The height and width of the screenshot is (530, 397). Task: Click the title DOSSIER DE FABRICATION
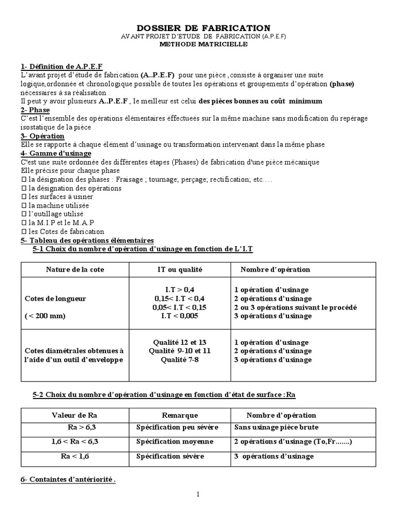point(203,27)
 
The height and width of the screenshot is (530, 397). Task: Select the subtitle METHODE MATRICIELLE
point(203,44)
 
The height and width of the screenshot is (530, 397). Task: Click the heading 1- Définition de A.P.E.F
point(62,66)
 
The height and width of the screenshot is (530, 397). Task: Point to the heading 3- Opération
point(42,136)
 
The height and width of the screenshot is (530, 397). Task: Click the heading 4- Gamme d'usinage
point(56,153)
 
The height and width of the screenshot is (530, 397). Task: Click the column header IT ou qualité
point(180,270)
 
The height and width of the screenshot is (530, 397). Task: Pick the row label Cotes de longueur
point(55,299)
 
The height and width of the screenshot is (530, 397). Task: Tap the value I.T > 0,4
point(180,290)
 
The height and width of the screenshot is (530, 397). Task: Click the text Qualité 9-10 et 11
point(180,351)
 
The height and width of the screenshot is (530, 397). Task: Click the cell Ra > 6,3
point(75,428)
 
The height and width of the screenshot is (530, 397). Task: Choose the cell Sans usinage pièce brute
point(277,428)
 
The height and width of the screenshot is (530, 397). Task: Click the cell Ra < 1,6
point(75,456)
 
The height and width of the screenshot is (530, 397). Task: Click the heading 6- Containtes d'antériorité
point(68,480)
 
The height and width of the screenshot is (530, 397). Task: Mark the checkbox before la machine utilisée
point(23,205)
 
